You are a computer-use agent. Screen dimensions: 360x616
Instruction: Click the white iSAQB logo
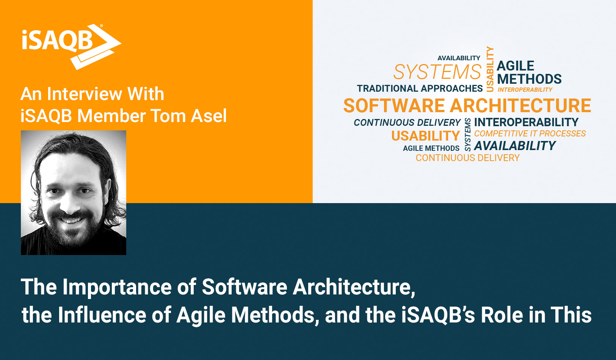70,45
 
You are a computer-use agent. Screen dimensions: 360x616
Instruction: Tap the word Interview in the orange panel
85,94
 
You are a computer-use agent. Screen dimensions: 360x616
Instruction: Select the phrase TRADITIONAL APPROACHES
420,89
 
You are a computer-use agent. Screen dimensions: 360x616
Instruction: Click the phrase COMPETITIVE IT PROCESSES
530,134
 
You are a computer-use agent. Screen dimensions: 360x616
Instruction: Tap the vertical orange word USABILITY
490,69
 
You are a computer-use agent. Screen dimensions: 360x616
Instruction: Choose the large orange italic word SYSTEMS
437,72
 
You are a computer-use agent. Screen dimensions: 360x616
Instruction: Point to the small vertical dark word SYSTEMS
467,135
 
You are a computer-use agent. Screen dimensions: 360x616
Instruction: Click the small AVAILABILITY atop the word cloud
459,58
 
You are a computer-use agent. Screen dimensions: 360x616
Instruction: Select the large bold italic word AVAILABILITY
515,146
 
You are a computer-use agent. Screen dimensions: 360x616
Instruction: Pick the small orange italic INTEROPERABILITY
525,90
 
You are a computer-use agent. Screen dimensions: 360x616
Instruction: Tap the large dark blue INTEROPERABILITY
526,122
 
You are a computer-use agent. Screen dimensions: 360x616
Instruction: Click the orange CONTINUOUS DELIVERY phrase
467,158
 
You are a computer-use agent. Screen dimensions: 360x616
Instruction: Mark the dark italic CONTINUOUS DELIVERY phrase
407,123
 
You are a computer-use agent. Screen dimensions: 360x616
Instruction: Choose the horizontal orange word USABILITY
425,136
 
